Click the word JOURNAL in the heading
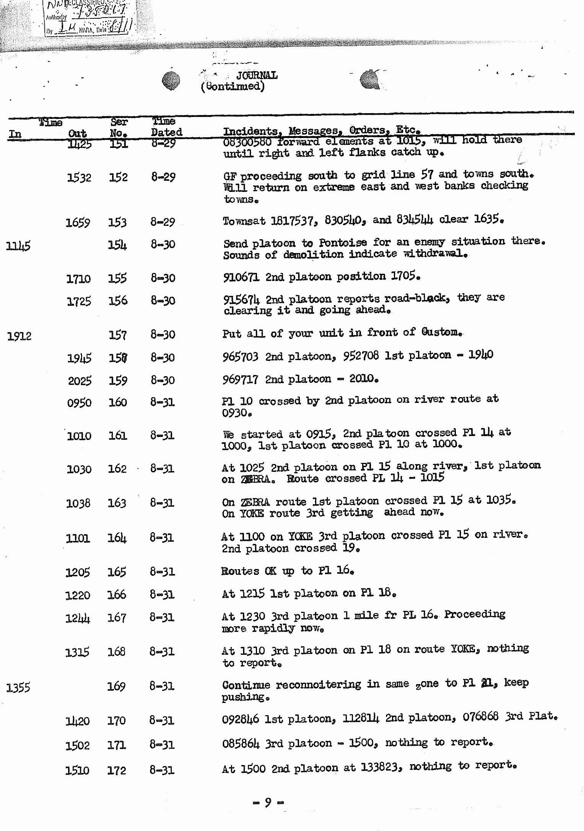tap(257, 75)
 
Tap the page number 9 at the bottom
tap(268, 802)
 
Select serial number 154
tap(117, 245)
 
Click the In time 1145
tap(18, 246)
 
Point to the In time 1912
tap(19, 336)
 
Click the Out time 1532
tap(79, 178)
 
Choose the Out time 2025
tap(80, 381)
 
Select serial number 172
tap(116, 770)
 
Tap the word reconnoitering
tap(318, 685)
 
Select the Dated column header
tap(166, 132)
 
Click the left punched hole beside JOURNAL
tap(171, 81)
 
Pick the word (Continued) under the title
tap(233, 86)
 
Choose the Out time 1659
tap(78, 222)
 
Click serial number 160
tap(117, 402)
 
